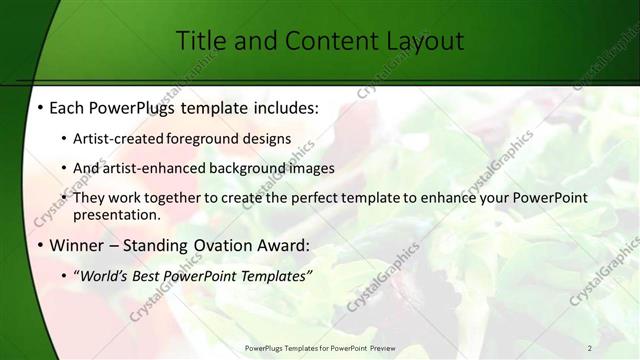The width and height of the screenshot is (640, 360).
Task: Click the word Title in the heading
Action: tap(201, 41)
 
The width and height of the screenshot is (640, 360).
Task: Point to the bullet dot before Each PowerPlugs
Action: tap(38, 108)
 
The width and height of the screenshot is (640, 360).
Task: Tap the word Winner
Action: tap(76, 244)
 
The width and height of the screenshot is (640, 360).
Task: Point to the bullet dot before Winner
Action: tap(38, 244)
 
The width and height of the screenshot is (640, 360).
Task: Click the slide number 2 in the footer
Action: tap(590, 348)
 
